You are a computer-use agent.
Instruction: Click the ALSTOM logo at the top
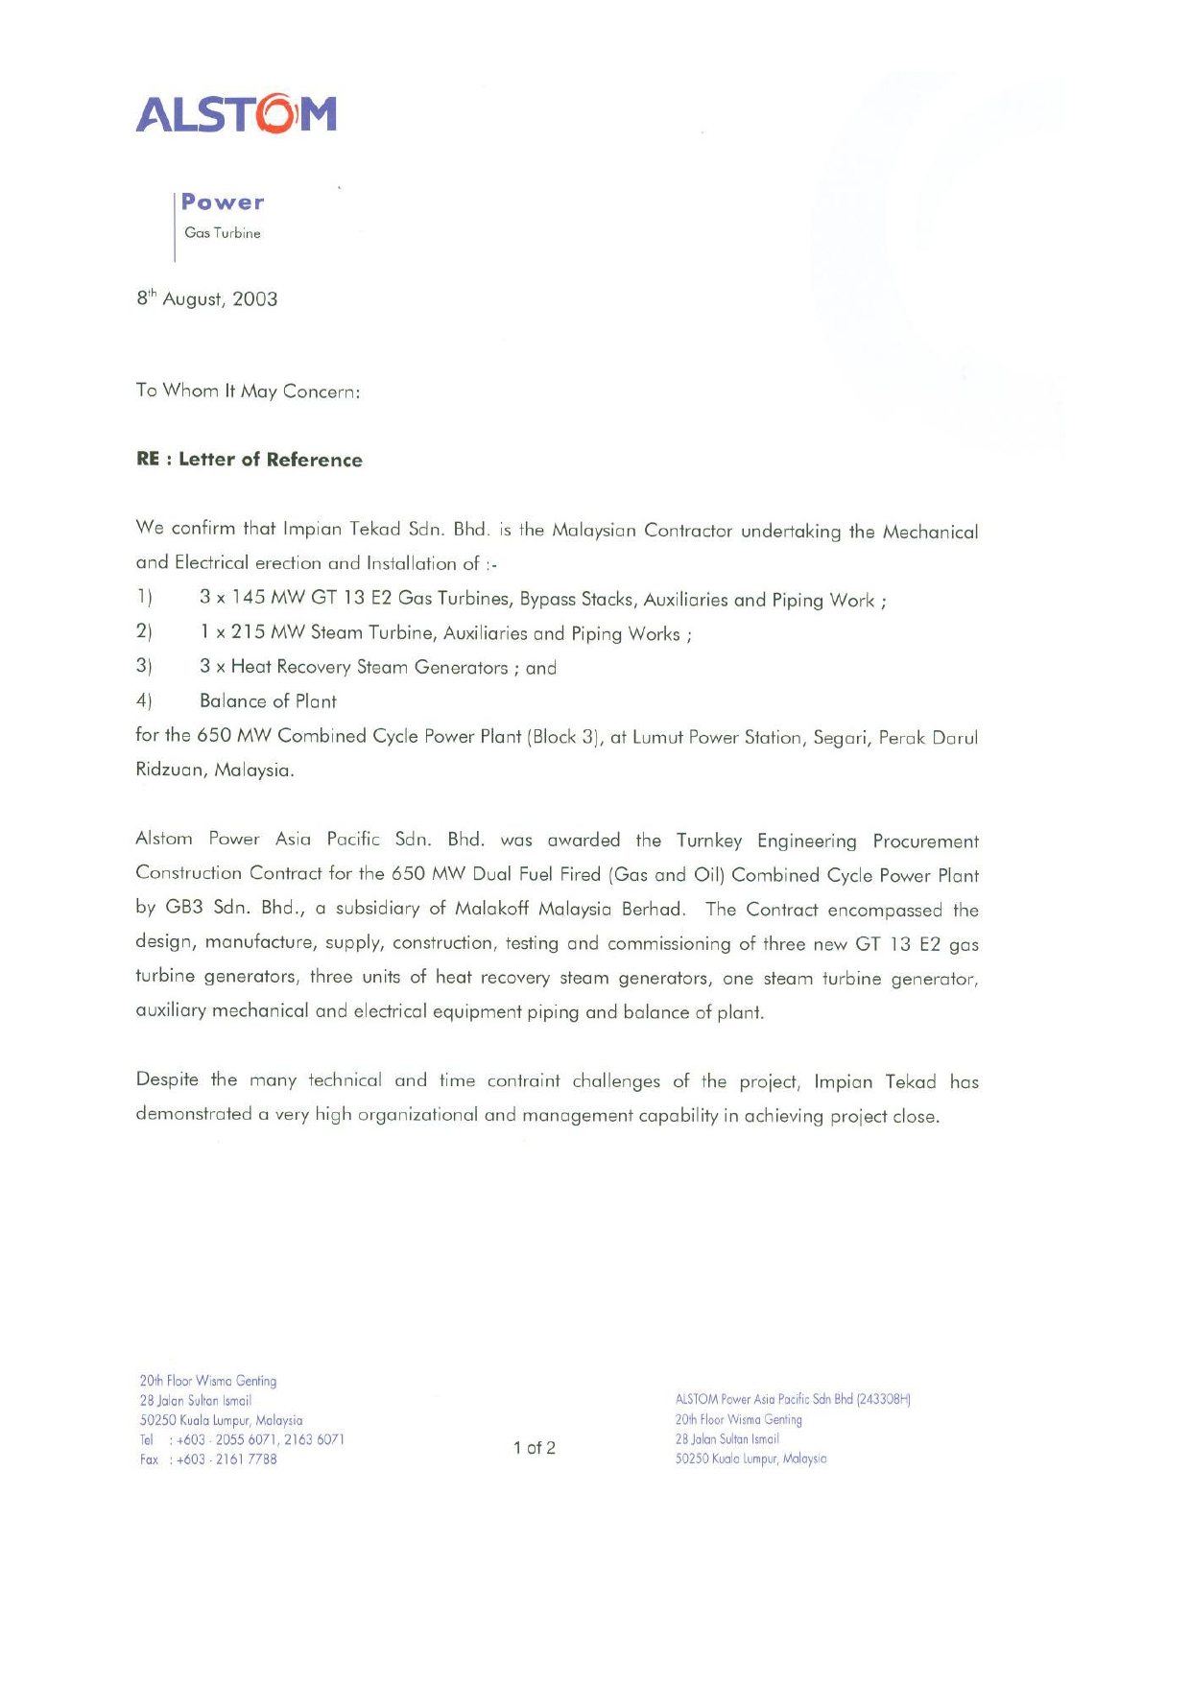tap(236, 113)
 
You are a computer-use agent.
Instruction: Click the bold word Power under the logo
tap(223, 202)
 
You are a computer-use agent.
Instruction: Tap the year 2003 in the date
tap(255, 299)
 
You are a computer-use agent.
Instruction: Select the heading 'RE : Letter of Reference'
tap(250, 460)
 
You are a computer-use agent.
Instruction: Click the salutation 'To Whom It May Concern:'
tap(248, 391)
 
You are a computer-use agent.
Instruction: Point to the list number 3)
tap(144, 666)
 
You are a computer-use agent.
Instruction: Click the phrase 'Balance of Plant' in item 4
tap(268, 701)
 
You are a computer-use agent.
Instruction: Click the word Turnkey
tap(708, 841)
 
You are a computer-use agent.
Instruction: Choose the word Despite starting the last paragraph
tap(167, 1079)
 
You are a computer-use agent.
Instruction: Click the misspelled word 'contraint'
tap(523, 1080)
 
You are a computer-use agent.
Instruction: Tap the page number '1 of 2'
tap(535, 1448)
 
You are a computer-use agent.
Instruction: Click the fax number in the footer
tap(226, 1459)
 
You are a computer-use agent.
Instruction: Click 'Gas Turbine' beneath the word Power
tap(223, 233)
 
